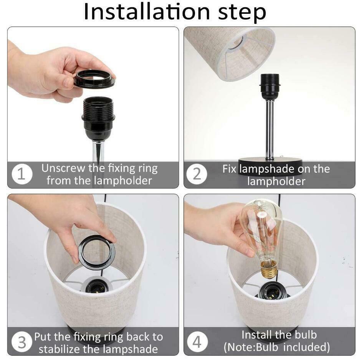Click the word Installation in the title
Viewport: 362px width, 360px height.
(147, 12)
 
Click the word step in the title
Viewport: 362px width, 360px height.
(242, 13)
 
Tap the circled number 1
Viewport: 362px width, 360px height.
(22, 174)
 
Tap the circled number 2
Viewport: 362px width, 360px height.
(197, 174)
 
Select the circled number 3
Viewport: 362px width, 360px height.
(22, 342)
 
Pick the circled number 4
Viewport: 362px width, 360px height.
(197, 342)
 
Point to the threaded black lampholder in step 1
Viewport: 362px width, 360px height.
(98, 119)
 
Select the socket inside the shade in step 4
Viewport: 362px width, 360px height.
(273, 291)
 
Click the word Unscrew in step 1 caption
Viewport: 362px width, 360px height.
(63, 168)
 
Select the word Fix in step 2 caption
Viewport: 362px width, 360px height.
(229, 169)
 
